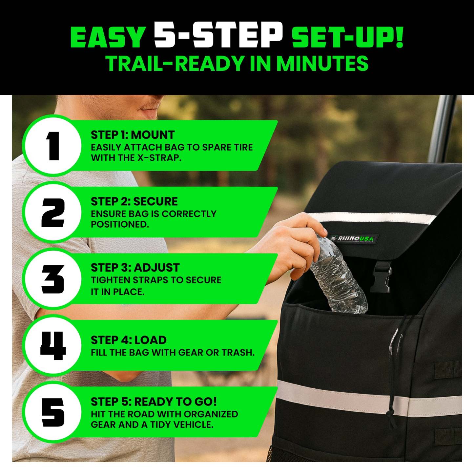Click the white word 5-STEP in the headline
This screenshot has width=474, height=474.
click(x=218, y=34)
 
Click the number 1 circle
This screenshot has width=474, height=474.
click(x=52, y=145)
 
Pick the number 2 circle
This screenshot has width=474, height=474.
click(x=52, y=212)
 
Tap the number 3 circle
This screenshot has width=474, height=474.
click(x=52, y=279)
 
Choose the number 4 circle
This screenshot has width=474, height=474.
click(x=52, y=346)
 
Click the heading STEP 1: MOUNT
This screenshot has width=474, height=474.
click(x=133, y=135)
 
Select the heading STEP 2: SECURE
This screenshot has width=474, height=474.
click(x=134, y=201)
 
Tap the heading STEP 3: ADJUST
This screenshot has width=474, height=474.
click(x=135, y=268)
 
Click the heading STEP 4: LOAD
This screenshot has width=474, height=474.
click(x=129, y=340)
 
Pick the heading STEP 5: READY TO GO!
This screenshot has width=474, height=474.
click(x=154, y=402)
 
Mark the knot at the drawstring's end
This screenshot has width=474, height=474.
click(x=389, y=417)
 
